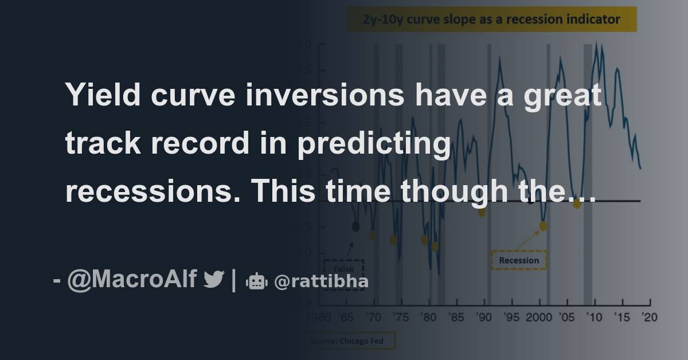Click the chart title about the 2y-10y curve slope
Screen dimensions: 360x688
[x=491, y=19]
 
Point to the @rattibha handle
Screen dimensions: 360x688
[x=321, y=281]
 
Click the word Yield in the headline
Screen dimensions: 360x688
[x=104, y=96]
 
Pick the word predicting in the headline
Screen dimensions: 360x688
[x=373, y=144]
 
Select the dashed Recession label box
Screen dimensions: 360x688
[x=519, y=260]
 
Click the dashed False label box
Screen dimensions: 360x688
[x=343, y=271]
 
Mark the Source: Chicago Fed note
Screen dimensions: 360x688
[x=350, y=341]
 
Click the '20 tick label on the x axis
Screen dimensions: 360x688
[x=648, y=317]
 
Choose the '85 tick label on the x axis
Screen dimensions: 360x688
[x=456, y=317]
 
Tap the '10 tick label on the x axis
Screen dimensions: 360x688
[x=594, y=317]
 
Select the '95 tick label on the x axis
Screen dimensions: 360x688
[x=511, y=317]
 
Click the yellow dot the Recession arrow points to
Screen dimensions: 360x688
[x=543, y=226]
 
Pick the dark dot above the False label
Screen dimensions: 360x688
[x=355, y=226]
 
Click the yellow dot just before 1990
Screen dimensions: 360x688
[x=482, y=212]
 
